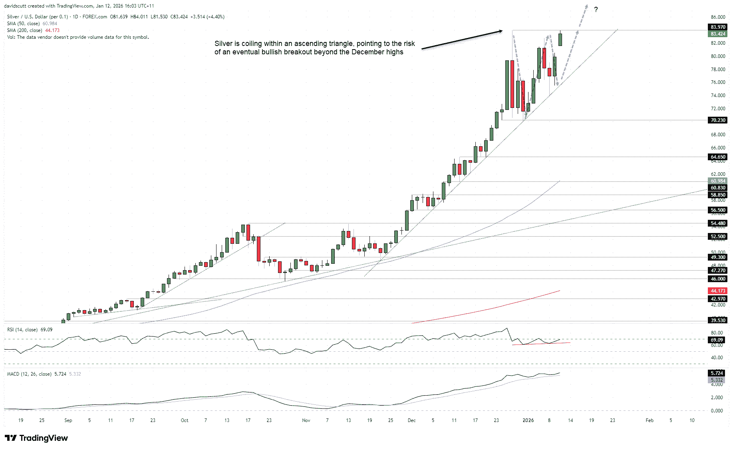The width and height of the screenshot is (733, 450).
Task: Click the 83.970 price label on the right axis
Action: click(x=718, y=27)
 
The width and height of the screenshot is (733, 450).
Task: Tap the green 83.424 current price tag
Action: click(x=718, y=34)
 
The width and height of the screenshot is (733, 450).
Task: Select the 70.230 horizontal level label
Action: click(x=718, y=120)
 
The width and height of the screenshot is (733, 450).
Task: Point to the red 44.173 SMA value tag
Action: click(x=718, y=291)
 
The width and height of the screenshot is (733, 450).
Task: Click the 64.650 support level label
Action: click(x=718, y=157)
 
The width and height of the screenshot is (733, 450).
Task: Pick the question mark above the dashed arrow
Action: click(x=596, y=10)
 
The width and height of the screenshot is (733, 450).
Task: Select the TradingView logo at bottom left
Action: click(x=36, y=438)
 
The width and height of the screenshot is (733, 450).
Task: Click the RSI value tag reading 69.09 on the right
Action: click(x=718, y=340)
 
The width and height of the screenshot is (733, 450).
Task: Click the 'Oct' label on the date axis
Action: click(x=184, y=420)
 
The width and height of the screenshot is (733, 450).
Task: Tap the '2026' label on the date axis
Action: click(x=528, y=420)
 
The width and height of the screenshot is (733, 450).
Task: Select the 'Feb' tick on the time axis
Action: click(x=650, y=420)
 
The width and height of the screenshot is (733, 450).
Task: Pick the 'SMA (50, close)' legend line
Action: click(x=24, y=24)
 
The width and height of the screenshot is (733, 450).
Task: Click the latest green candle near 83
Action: click(x=560, y=39)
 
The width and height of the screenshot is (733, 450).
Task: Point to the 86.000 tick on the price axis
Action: click(x=718, y=17)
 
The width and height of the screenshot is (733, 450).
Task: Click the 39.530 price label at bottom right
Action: click(x=718, y=321)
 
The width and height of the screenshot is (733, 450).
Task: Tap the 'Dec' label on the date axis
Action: click(x=411, y=420)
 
